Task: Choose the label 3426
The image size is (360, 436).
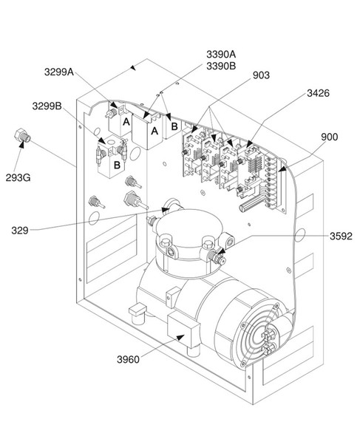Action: click(x=319, y=94)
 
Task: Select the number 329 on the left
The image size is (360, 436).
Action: click(x=21, y=231)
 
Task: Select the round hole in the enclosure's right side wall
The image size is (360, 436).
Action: click(x=302, y=237)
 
